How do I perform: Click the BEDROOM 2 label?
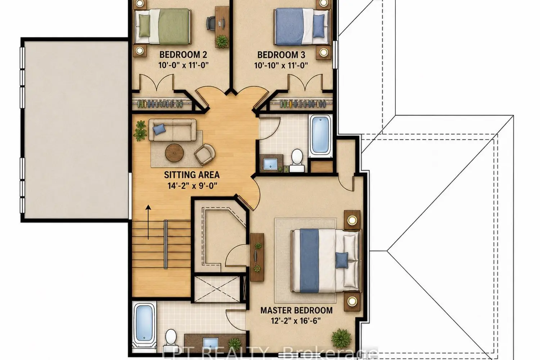[x=183, y=55]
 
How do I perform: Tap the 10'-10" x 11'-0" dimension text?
[x=281, y=65]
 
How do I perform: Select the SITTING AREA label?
[x=192, y=175]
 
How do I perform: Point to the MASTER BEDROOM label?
[x=297, y=310]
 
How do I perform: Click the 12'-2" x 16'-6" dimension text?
[x=296, y=321]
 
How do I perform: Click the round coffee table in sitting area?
[x=174, y=153]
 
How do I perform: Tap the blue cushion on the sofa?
[x=159, y=129]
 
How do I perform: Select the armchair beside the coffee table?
[x=205, y=154]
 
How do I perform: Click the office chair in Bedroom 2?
[x=211, y=23]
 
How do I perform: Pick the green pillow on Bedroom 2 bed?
[x=144, y=26]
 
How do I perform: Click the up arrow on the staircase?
[x=148, y=222]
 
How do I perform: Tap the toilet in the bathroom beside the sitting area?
[x=297, y=160]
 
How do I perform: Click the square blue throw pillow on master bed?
[x=342, y=260]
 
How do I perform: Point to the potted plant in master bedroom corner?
[x=341, y=339]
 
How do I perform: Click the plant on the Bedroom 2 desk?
[x=222, y=41]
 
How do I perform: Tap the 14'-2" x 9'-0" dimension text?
[x=192, y=186]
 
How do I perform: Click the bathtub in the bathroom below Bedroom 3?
[x=320, y=135]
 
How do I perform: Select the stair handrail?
[x=166, y=244]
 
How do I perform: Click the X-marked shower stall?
[x=217, y=289]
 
